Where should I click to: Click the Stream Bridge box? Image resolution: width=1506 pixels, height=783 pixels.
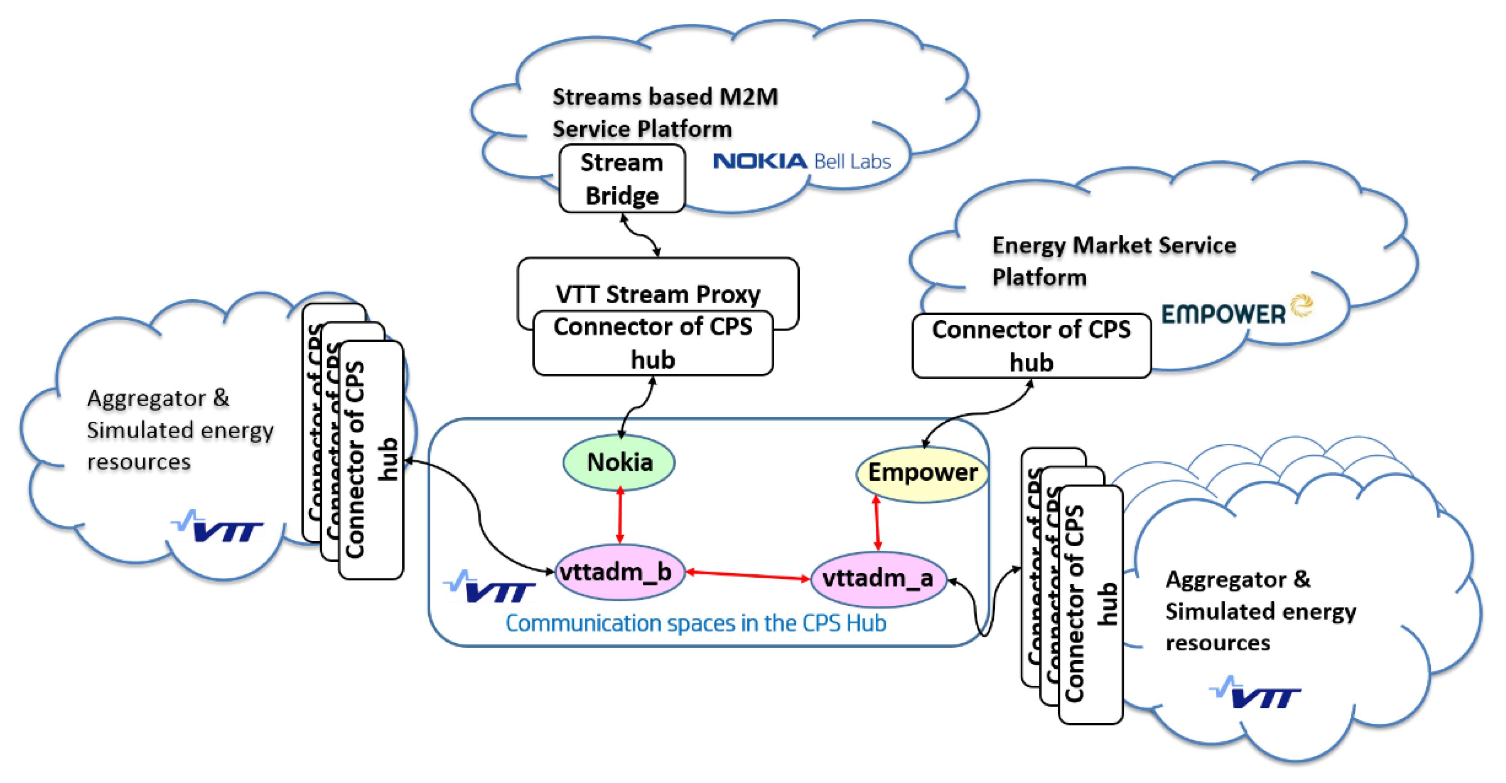tap(622, 179)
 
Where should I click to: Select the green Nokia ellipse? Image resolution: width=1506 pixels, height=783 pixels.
tap(619, 462)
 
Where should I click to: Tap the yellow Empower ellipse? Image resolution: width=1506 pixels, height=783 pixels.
tap(922, 473)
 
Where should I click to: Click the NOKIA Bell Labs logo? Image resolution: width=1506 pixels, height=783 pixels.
tap(802, 161)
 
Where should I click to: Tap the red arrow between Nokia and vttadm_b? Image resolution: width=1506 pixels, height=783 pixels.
tap(620, 515)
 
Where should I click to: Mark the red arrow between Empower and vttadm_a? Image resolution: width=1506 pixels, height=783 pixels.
tap(876, 523)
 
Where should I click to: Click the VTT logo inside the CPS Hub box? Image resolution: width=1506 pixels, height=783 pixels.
tap(490, 588)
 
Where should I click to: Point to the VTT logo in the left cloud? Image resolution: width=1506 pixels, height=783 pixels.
tap(217, 527)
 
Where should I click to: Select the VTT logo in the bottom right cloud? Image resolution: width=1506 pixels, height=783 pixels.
tap(1255, 693)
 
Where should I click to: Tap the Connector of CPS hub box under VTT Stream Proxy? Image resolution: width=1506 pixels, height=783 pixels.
tap(653, 344)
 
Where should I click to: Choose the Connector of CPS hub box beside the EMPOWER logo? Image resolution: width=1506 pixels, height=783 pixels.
tap(1031, 346)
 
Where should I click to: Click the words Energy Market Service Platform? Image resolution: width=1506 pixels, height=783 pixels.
tap(1113, 260)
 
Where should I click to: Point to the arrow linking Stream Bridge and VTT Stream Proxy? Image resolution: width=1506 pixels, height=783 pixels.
tap(641, 235)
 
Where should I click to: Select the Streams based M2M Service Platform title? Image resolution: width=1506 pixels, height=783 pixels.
tap(664, 112)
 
